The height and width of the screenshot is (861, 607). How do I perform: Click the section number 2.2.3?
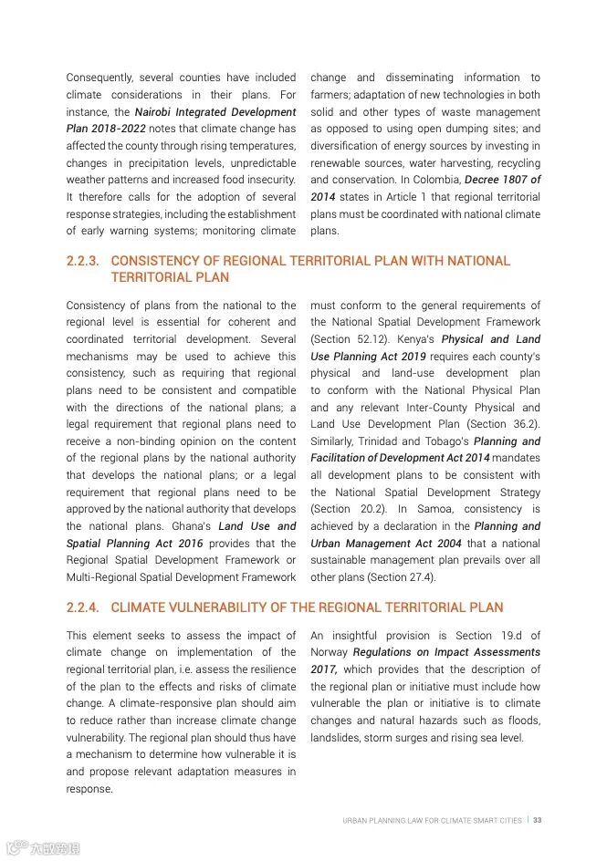pos(82,261)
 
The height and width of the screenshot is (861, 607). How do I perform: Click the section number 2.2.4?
pos(82,607)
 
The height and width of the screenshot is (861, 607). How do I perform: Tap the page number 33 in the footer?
pos(538,820)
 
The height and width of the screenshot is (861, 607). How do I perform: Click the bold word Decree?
pos(487,181)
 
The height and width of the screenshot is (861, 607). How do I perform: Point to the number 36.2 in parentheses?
pos(523,424)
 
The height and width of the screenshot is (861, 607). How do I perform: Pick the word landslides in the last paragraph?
pos(338,738)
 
